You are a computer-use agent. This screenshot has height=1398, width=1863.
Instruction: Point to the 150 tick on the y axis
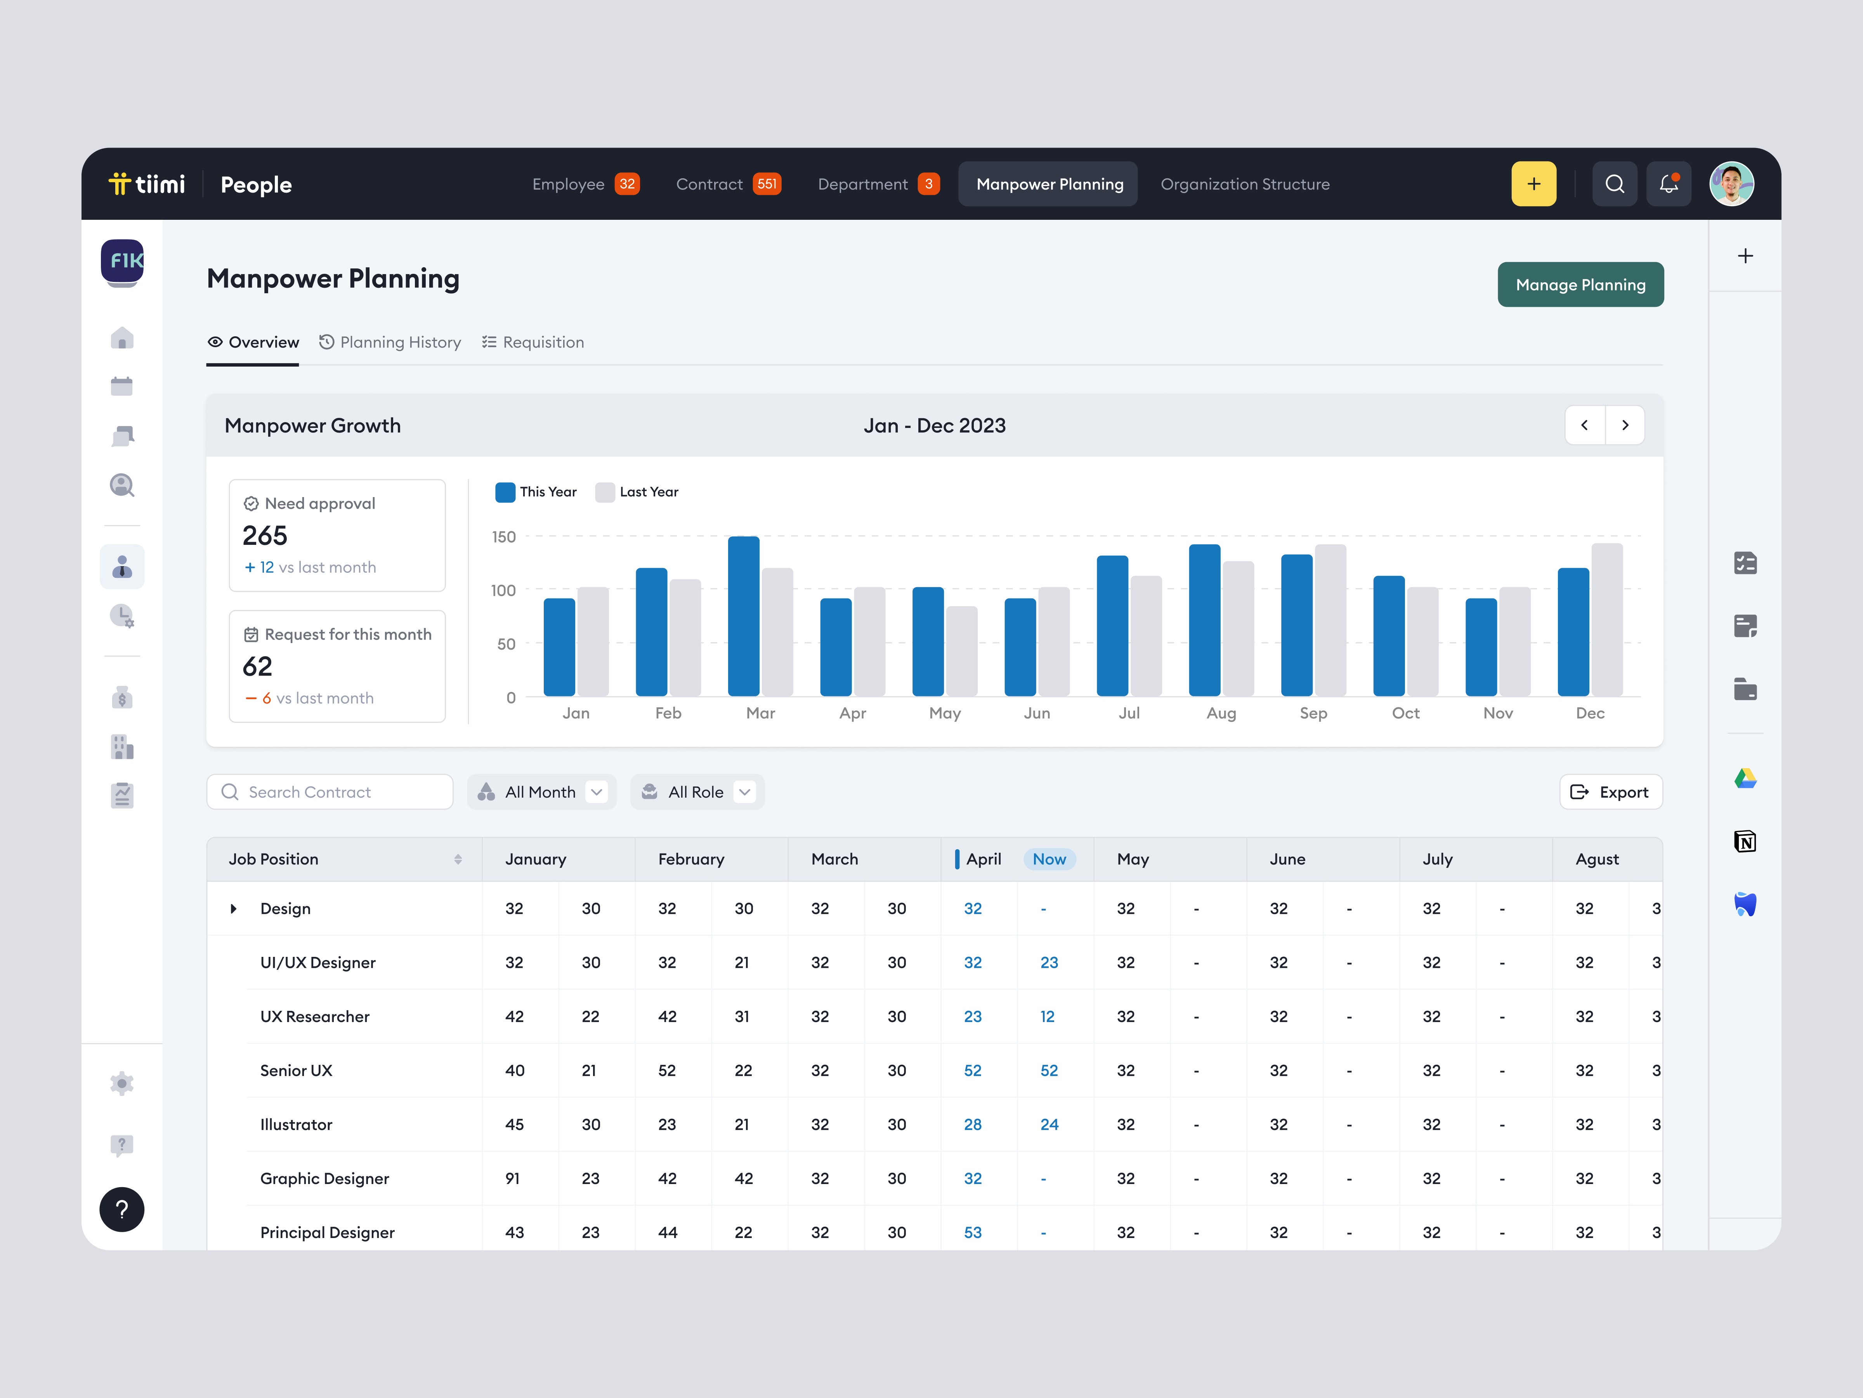pyautogui.click(x=504, y=537)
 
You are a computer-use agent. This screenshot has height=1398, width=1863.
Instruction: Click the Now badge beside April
pyautogui.click(x=1049, y=859)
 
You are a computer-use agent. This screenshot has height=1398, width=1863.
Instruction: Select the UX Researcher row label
pyautogui.click(x=314, y=1016)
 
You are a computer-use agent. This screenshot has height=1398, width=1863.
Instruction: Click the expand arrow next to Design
pyautogui.click(x=233, y=908)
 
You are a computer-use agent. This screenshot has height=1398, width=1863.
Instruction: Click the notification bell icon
pyautogui.click(x=1668, y=184)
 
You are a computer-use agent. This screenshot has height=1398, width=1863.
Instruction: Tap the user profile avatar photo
pyautogui.click(x=1731, y=184)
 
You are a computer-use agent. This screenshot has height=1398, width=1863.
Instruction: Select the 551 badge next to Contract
pyautogui.click(x=767, y=184)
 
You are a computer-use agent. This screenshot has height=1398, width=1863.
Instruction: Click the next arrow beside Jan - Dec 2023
pyautogui.click(x=1625, y=426)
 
